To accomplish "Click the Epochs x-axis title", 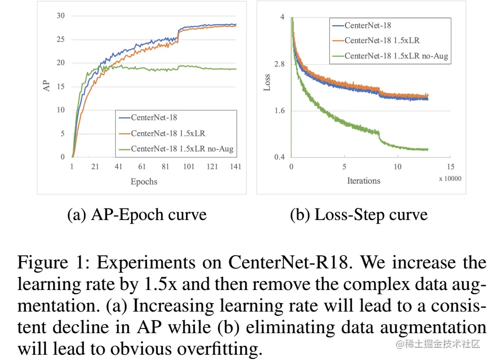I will (144, 182).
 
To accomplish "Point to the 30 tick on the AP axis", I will (61, 16).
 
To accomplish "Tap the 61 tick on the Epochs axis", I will (142, 167).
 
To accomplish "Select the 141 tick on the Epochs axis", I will (235, 167).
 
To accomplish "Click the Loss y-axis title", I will (267, 83).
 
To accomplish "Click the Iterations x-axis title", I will (364, 181).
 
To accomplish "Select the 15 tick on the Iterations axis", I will (450, 167).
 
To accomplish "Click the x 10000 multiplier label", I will (450, 178).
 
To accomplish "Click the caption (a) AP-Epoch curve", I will (137, 215).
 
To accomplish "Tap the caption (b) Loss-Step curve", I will (359, 215).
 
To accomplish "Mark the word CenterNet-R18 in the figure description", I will (287, 262).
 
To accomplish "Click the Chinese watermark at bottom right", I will (438, 344).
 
